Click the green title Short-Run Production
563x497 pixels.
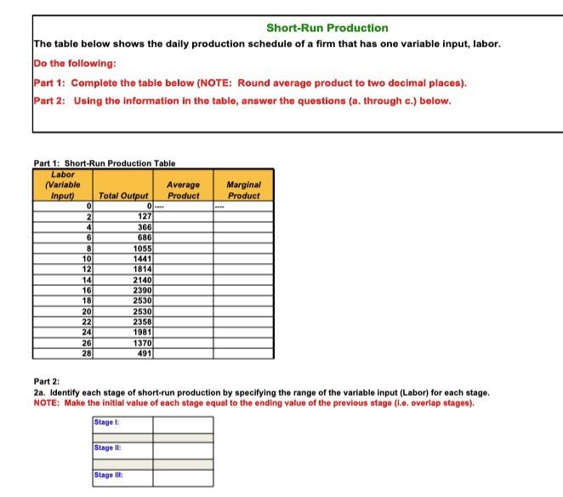(x=327, y=28)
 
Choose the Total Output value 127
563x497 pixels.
(x=140, y=216)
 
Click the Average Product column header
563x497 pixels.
(x=183, y=190)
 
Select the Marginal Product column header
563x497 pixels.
(x=243, y=190)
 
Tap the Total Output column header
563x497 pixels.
(x=123, y=196)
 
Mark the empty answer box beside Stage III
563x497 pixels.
(x=182, y=477)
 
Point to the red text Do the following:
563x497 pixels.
(x=75, y=64)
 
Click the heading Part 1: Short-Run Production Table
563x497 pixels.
(x=104, y=163)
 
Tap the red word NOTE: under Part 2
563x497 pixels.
(x=50, y=403)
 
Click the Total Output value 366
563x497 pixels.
(x=140, y=228)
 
